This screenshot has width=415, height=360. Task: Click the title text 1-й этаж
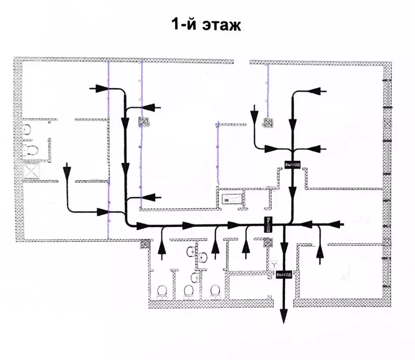tap(207, 24)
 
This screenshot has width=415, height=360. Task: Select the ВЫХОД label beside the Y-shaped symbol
tap(285, 274)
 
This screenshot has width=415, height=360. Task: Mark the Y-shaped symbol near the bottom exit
tap(274, 265)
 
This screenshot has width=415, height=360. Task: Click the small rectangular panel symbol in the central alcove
tap(233, 199)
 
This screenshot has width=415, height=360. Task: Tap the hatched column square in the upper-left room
tap(143, 122)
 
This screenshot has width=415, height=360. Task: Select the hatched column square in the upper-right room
tap(268, 123)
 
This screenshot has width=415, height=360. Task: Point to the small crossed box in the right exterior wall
tap(387, 123)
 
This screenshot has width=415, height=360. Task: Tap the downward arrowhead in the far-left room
tap(68, 169)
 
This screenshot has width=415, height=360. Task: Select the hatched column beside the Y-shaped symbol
tap(268, 243)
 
